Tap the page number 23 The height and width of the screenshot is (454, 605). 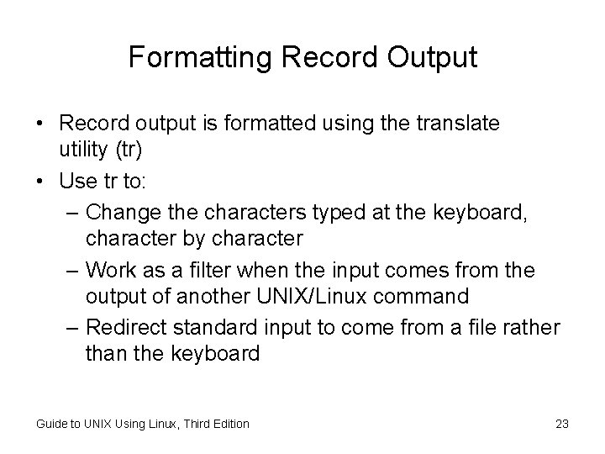click(x=562, y=424)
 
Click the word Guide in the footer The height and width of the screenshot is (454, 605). click(x=52, y=424)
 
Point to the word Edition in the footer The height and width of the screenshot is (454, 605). click(x=227, y=424)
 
